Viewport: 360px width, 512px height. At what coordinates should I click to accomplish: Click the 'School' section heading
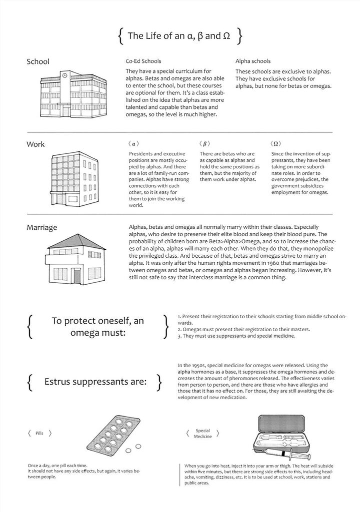(x=38, y=62)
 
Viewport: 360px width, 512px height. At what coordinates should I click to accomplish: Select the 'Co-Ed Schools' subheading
(x=143, y=61)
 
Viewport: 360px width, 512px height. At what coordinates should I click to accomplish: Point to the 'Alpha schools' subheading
(x=253, y=61)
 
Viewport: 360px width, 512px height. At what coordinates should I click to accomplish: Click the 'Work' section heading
(x=35, y=144)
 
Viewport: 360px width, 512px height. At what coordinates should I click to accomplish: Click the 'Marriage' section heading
(x=42, y=228)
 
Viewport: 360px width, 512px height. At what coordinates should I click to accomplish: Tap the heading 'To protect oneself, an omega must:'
(x=97, y=327)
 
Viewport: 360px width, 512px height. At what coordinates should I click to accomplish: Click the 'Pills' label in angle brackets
(x=39, y=434)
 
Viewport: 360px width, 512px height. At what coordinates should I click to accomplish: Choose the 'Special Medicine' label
(x=203, y=433)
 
